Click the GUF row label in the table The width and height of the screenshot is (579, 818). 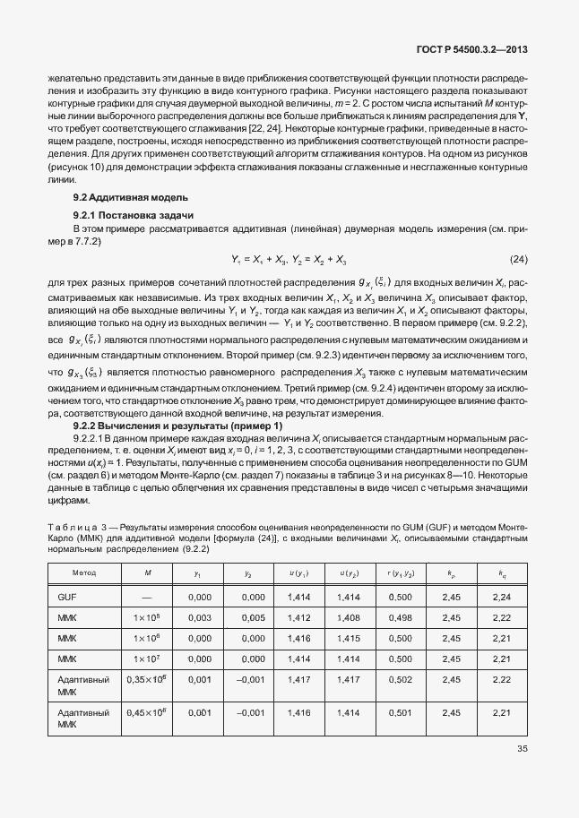pyautogui.click(x=67, y=597)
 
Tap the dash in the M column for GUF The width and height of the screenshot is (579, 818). pyautogui.click(x=146, y=597)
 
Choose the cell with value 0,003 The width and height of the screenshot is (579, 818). pyautogui.click(x=199, y=618)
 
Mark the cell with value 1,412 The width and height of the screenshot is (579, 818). pyautogui.click(x=299, y=618)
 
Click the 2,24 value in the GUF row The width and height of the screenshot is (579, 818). pyautogui.click(x=502, y=597)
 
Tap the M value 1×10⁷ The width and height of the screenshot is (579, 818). pyautogui.click(x=146, y=659)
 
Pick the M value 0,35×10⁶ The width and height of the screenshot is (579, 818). pyautogui.click(x=146, y=681)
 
